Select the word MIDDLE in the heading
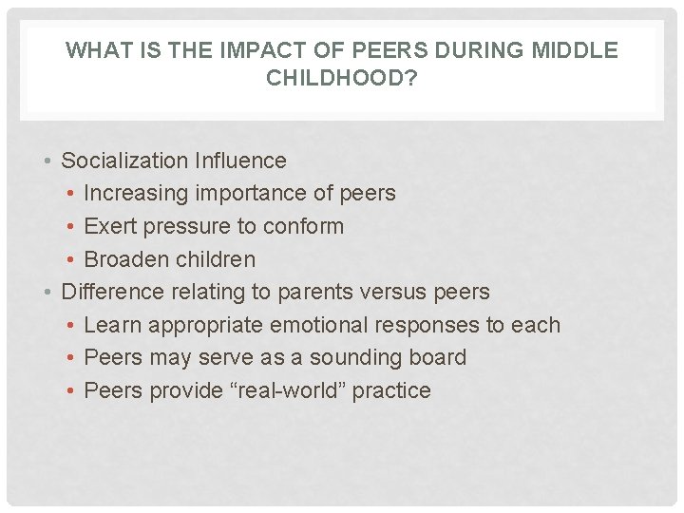click(576, 51)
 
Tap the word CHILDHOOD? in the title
click(342, 78)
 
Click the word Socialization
click(123, 161)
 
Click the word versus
click(398, 292)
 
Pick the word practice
click(392, 390)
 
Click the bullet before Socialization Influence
click(47, 161)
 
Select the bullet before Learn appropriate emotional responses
click(71, 326)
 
